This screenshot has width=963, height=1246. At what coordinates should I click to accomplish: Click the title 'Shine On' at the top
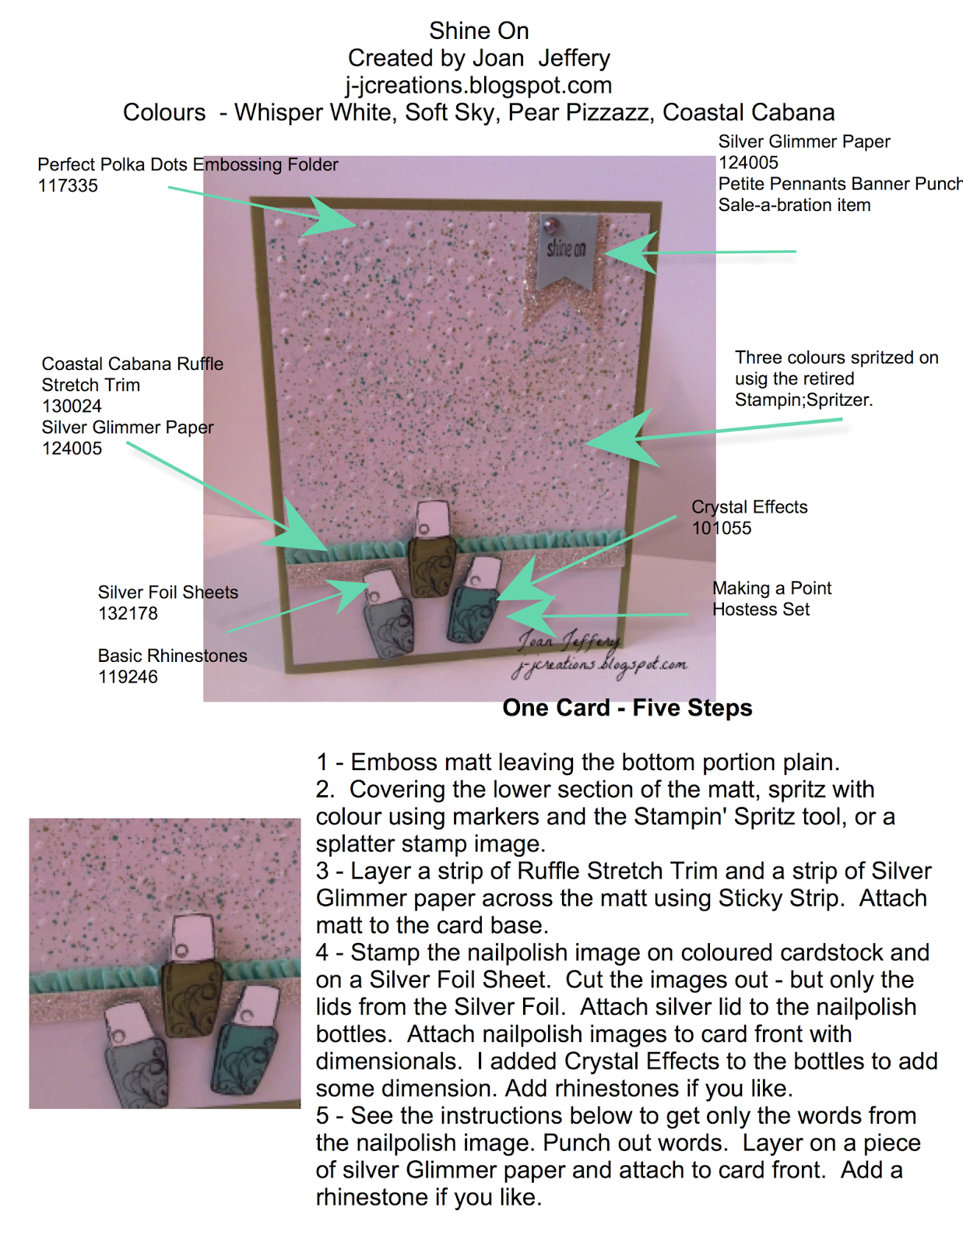point(479,31)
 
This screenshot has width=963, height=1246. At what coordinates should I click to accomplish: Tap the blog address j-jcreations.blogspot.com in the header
point(479,85)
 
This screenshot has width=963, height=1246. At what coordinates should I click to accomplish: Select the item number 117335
point(68,186)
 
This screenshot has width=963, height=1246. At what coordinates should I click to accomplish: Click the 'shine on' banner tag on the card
point(566,249)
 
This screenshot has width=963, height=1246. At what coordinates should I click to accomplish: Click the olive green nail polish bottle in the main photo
point(431,561)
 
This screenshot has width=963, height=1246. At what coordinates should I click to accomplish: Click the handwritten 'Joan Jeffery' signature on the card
point(569,640)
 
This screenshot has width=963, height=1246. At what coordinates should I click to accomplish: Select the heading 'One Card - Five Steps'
point(627,708)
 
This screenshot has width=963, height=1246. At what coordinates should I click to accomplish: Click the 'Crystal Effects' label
point(750,507)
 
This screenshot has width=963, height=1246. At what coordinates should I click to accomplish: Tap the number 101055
point(722,528)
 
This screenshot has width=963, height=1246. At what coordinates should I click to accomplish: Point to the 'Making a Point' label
point(771,588)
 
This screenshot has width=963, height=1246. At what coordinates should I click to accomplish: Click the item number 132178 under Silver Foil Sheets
point(128,614)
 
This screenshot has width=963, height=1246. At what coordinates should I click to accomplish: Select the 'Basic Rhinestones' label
point(172,656)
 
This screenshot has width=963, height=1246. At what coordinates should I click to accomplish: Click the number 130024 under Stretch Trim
point(72,407)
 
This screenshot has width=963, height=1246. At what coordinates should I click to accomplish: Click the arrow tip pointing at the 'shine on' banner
point(608,252)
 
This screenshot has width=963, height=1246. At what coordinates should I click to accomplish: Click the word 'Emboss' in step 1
point(387,762)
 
